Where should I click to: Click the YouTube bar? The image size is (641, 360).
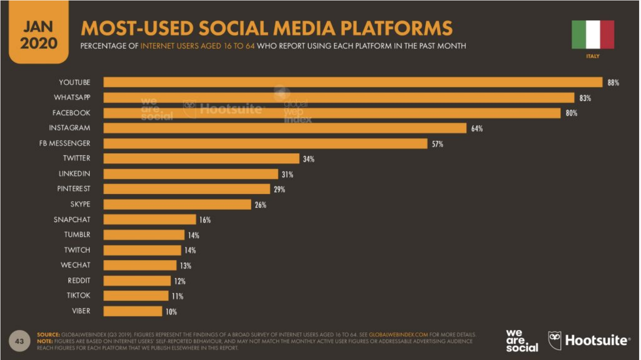[x=353, y=82]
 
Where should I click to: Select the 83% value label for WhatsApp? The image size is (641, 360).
[x=585, y=98]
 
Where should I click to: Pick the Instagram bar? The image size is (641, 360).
[x=285, y=128]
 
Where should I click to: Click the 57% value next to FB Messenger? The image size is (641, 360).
[x=437, y=144]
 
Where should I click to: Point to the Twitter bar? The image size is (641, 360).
[x=201, y=159]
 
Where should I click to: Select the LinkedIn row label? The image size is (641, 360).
[x=74, y=174]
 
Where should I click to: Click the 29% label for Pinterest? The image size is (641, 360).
[x=279, y=189]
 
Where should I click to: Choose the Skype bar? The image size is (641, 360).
[x=177, y=204]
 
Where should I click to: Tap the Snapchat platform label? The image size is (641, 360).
[x=72, y=219]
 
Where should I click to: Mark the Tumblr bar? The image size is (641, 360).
[x=144, y=235]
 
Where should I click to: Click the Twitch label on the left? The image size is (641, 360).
[x=77, y=250]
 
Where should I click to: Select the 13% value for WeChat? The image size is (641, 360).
[x=185, y=266]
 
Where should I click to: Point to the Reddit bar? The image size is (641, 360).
[x=137, y=281]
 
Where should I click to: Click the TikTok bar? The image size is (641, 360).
[x=136, y=296]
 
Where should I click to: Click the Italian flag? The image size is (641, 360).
[x=593, y=34]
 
